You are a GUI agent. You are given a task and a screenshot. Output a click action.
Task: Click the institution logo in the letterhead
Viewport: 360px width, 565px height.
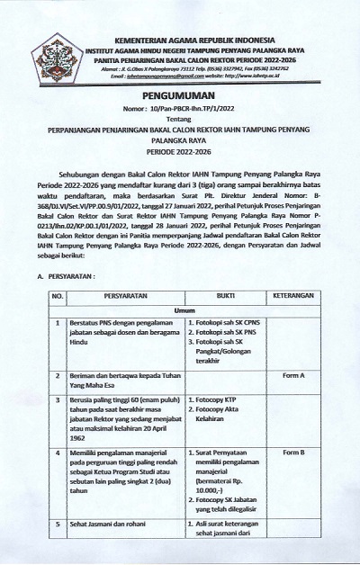[x=56, y=46]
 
